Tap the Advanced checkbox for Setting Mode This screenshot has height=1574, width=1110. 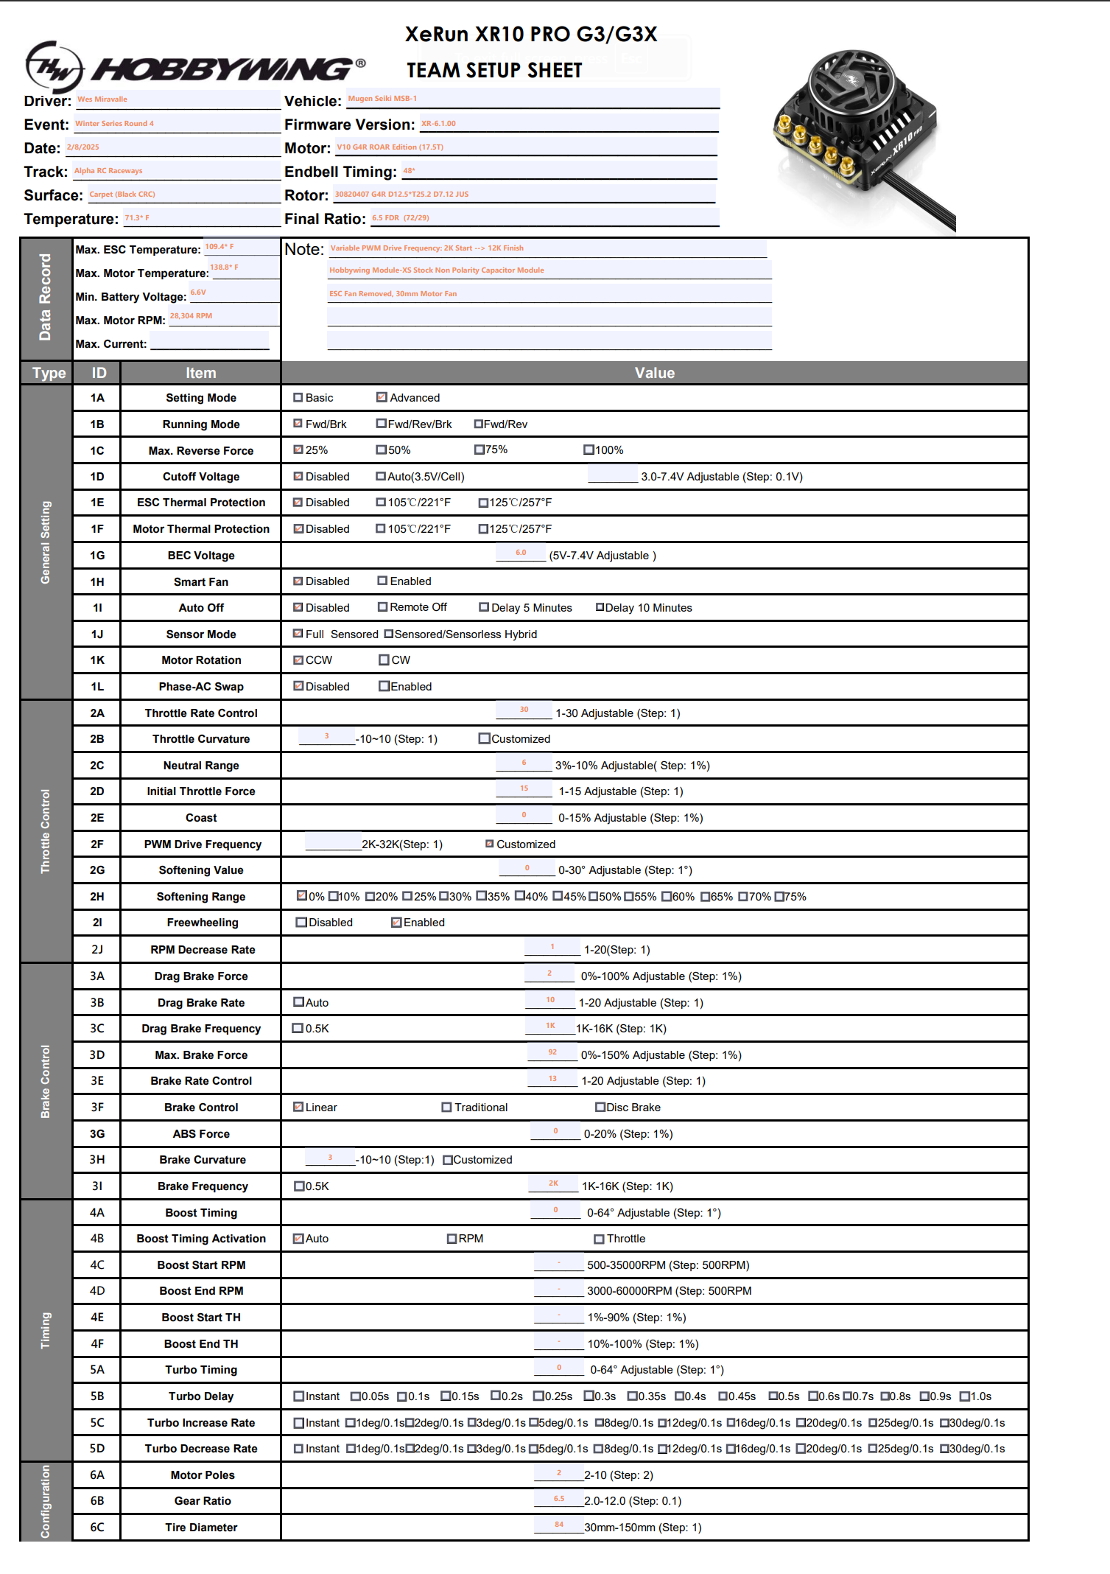(x=382, y=397)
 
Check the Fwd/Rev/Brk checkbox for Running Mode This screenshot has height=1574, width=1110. (x=382, y=424)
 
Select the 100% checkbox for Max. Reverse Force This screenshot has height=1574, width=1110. (x=589, y=450)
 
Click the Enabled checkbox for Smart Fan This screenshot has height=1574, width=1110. (x=382, y=581)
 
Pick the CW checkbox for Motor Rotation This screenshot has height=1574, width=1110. (x=384, y=660)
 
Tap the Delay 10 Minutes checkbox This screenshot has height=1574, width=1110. (x=600, y=607)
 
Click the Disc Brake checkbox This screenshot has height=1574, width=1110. (x=600, y=1107)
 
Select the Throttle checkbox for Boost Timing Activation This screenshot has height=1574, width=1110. (x=600, y=1239)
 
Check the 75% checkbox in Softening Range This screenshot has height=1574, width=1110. (x=779, y=896)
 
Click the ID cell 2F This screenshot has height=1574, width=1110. (x=97, y=844)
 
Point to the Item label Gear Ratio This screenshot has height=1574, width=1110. (x=203, y=1501)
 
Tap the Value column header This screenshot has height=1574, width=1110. (x=654, y=373)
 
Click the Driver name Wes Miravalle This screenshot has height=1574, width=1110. (x=102, y=99)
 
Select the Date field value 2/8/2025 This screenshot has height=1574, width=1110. (x=83, y=147)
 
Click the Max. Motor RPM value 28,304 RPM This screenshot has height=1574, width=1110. (x=191, y=316)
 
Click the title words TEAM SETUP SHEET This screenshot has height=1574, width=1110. (x=494, y=70)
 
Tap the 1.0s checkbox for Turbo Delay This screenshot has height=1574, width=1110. (x=964, y=1396)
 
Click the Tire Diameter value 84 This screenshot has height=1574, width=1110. (x=559, y=1525)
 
